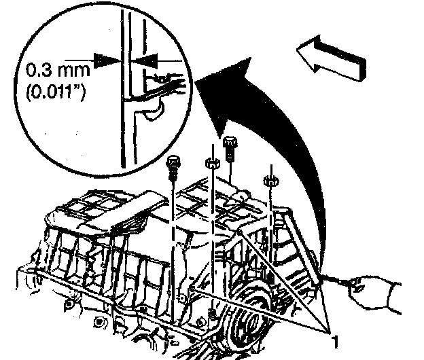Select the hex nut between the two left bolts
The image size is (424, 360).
pos(211,164)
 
